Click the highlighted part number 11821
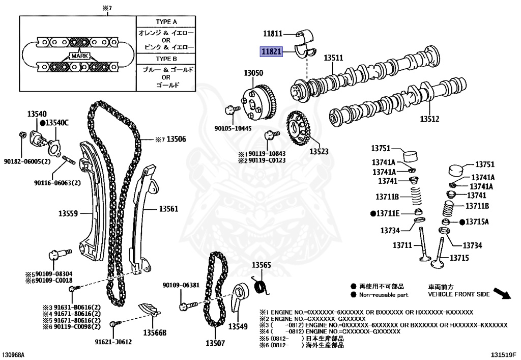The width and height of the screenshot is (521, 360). pyautogui.click(x=271, y=51)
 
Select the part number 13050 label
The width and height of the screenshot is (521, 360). pyautogui.click(x=253, y=73)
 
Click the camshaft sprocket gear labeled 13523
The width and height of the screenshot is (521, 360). pyautogui.click(x=298, y=128)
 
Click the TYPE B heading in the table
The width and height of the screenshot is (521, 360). pyautogui.click(x=166, y=59)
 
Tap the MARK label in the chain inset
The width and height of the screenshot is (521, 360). pyautogui.click(x=79, y=55)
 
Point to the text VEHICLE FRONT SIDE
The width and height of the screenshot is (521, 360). pyautogui.click(x=458, y=294)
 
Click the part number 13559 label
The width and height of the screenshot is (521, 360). pyautogui.click(x=68, y=214)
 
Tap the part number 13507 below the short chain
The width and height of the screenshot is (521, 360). pyautogui.click(x=215, y=343)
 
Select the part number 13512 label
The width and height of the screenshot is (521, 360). pyautogui.click(x=429, y=119)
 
